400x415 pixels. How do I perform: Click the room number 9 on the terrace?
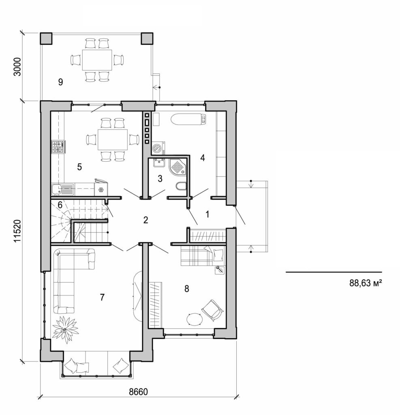tap(60, 82)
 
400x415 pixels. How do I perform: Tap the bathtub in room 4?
tap(189, 120)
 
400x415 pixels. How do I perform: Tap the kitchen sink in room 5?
tap(58, 188)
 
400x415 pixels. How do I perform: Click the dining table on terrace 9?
tap(97, 60)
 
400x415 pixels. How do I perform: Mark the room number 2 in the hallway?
tap(145, 220)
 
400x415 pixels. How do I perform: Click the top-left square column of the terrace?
tap(46, 38)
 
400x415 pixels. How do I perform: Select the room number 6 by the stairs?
tap(60, 205)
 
